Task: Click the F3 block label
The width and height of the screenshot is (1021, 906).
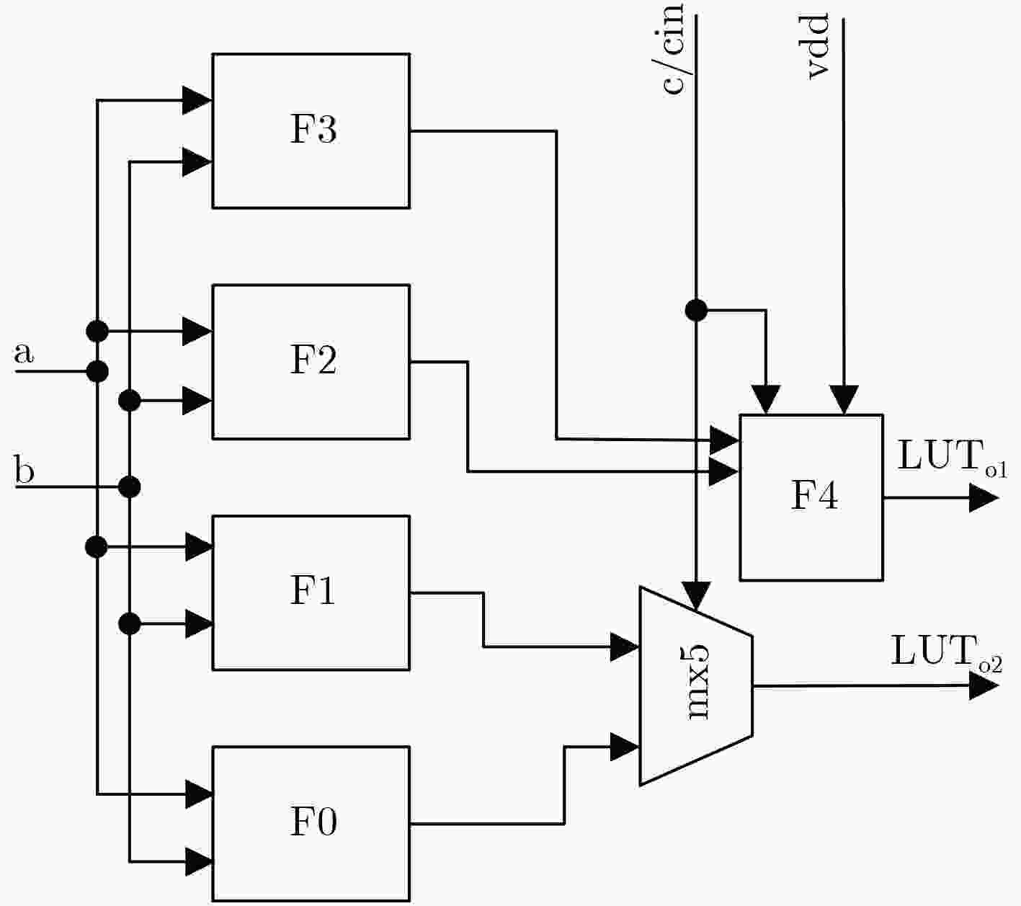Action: tap(313, 130)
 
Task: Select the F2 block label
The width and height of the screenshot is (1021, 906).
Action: tap(313, 360)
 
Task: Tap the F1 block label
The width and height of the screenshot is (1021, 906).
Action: tap(313, 590)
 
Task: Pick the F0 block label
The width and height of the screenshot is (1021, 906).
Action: tap(313, 821)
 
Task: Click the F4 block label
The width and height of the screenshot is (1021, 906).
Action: tap(814, 496)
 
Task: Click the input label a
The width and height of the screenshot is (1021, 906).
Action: tap(23, 352)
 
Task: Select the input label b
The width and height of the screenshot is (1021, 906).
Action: tap(24, 469)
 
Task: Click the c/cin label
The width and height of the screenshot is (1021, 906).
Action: tap(672, 48)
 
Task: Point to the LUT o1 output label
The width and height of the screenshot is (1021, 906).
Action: tap(952, 457)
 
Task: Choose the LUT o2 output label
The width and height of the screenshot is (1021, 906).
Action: tap(946, 653)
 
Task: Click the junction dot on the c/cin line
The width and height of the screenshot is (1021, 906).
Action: tap(697, 310)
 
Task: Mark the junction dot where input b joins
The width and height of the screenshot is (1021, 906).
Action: tap(130, 487)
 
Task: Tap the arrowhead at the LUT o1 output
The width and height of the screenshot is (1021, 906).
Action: tap(984, 498)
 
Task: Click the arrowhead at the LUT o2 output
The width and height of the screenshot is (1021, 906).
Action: tap(984, 685)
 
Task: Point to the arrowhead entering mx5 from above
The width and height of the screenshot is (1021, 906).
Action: tap(697, 597)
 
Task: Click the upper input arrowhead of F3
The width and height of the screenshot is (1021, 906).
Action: tap(197, 100)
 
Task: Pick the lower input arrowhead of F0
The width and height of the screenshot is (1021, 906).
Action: tap(200, 861)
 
